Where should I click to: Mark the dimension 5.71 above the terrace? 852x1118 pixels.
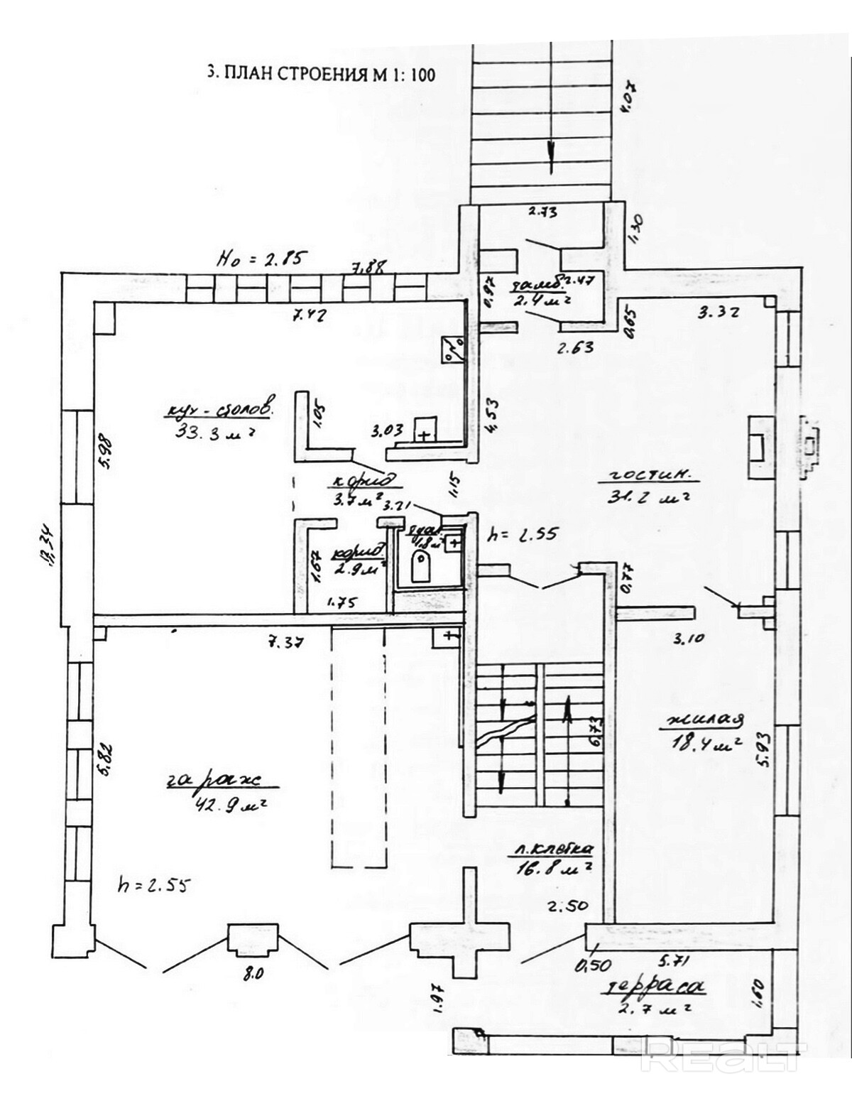click(x=675, y=962)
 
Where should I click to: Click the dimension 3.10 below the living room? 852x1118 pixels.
click(x=686, y=638)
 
